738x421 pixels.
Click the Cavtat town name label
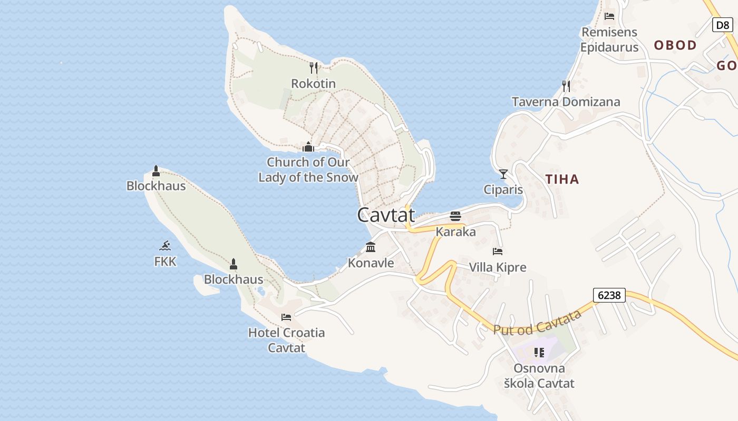point(386,215)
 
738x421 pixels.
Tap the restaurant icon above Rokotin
point(314,68)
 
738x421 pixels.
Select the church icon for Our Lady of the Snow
point(308,146)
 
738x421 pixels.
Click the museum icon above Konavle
point(371,247)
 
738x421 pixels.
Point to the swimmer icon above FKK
point(166,246)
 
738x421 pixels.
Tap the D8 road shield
point(722,24)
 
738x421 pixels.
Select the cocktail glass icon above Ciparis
point(503,174)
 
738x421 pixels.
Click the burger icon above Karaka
point(455,216)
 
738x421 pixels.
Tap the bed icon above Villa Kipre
point(498,252)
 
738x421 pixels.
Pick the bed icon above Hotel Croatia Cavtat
point(286,317)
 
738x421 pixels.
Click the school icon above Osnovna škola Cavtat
point(539,352)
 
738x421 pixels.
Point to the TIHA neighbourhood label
point(562,179)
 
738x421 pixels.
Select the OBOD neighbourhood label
point(675,45)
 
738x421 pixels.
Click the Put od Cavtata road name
point(537,322)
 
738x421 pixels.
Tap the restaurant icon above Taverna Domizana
point(566,86)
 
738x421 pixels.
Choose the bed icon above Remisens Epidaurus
point(609,16)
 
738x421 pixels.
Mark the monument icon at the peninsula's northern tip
point(156,171)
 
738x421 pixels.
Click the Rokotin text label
point(313,84)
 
